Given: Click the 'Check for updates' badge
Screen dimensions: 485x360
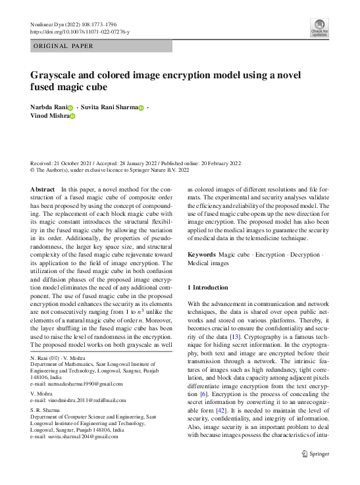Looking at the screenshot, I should click(x=319, y=28).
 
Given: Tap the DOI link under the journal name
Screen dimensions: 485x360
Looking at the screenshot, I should click(x=80, y=32).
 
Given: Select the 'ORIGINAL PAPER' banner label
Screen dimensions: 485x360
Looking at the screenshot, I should click(x=63, y=46).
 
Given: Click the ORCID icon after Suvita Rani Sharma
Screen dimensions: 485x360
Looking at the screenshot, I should click(x=141, y=107).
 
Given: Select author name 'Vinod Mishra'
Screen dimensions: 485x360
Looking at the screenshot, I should click(x=49, y=116).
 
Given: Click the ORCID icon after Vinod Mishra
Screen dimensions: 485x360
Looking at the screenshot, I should click(x=73, y=116).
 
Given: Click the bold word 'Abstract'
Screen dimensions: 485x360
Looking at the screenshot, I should click(x=43, y=190).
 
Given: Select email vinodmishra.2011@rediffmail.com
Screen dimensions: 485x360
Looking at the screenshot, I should click(x=85, y=400).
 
